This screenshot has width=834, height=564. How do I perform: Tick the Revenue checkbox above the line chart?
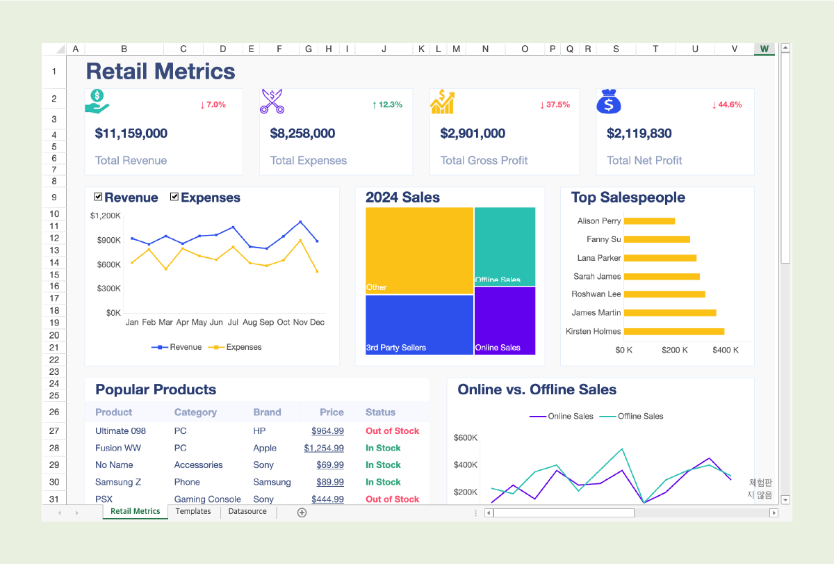[x=98, y=197]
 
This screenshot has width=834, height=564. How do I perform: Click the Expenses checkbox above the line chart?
[x=174, y=197]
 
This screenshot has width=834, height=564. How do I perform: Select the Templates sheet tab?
[x=193, y=511]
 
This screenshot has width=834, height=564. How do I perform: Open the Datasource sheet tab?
[x=247, y=511]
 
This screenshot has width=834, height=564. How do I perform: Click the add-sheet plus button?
[x=302, y=513]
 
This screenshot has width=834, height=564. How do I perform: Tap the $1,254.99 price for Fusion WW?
[x=324, y=448]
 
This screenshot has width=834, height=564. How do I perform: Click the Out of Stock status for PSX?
[x=393, y=499]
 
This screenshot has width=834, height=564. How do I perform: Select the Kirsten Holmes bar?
[x=674, y=331]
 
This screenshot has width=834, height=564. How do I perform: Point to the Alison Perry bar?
[x=649, y=221]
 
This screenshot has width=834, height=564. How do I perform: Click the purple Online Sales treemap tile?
[x=505, y=321]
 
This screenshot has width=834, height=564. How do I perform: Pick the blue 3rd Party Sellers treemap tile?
[x=419, y=325]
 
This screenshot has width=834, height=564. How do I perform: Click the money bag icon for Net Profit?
[x=609, y=102]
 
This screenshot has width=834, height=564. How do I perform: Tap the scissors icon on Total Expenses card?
[x=272, y=102]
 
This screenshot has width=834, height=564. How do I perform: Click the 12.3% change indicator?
[x=387, y=105]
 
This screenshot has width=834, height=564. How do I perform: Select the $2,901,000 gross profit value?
[x=473, y=134]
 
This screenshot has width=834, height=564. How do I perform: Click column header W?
[x=764, y=49]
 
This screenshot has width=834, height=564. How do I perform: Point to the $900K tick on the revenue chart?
[x=108, y=241]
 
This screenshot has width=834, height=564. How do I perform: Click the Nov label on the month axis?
[x=300, y=322]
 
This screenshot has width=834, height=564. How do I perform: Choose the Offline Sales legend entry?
[x=632, y=416]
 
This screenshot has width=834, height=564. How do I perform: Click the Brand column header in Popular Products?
[x=267, y=412]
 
